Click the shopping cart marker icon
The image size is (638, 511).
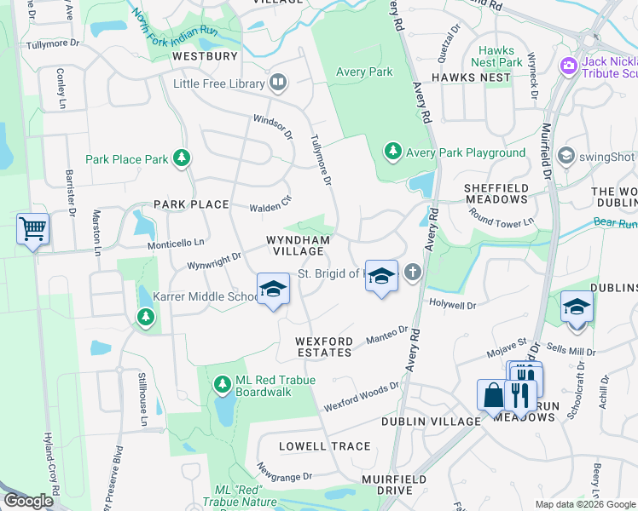coord(32,228)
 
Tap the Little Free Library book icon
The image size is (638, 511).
coord(277,83)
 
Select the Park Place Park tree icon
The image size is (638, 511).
coord(181,158)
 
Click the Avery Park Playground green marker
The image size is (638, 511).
coord(392,152)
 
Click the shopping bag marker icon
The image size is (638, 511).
coord(492,394)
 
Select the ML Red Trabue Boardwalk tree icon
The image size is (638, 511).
coord(223,385)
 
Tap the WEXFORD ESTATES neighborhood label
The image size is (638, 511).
coord(323,347)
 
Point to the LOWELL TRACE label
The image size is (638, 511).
coord(325,446)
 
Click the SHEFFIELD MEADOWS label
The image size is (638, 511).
coord(496,193)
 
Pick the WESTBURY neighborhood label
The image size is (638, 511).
coord(205,56)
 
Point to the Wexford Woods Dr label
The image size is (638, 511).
coord(362,397)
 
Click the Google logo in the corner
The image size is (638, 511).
coord(28,502)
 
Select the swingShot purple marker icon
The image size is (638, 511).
coord(565,156)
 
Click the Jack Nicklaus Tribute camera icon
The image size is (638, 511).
coord(569,66)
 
